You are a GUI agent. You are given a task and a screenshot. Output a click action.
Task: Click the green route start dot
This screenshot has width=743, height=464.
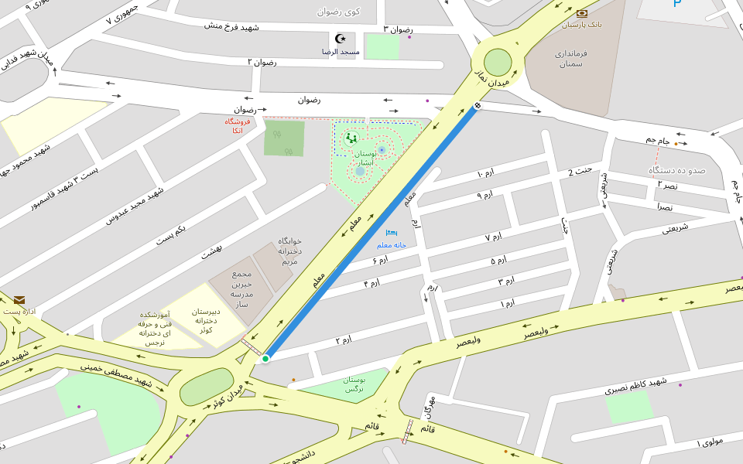tap(265, 358)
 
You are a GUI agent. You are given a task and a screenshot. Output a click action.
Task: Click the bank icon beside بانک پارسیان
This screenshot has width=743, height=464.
tap(582, 13)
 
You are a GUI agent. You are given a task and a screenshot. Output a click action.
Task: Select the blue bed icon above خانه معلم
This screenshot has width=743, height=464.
tap(392, 232)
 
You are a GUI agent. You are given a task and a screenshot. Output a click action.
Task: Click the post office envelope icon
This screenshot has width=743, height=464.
tap(19, 300)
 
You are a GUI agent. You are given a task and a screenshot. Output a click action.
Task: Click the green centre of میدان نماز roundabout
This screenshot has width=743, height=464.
tap(498, 63)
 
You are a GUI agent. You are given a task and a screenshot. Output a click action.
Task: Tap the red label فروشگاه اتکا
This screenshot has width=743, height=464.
tap(238, 126)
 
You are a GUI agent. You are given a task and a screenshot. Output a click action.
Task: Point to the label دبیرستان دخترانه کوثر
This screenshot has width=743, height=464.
tap(206, 320)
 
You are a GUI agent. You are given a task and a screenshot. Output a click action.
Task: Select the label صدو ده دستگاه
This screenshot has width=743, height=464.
tap(677, 169)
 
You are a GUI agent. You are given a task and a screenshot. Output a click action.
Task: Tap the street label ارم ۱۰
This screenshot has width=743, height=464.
tap(485, 173)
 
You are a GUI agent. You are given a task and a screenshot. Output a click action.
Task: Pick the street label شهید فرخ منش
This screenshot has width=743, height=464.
tap(231, 26)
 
